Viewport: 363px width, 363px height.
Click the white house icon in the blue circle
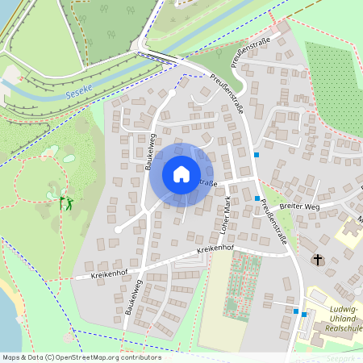[x=181, y=173]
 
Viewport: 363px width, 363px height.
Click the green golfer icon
[x=68, y=202]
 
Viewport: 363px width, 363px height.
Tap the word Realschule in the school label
[x=332, y=330]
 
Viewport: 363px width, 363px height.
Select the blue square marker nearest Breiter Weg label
[x=257, y=198]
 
